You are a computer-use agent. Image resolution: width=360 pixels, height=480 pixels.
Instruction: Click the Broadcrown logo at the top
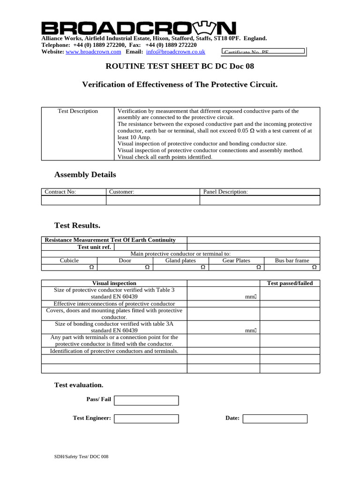pos(139,28)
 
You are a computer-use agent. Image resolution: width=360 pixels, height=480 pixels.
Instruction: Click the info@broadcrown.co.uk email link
pos(175,52)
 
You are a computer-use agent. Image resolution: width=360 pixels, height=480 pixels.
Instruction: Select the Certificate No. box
pos(263,52)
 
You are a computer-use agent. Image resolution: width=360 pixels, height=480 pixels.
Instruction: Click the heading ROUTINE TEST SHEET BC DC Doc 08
pos(180,66)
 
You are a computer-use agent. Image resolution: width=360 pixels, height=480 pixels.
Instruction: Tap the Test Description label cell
pos(78,111)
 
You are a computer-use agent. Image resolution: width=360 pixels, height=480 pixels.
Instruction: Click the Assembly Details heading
pos(85,175)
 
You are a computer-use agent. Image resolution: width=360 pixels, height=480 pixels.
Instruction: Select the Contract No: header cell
pos(74,192)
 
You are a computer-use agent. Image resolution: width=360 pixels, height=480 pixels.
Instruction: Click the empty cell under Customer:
pos(153,201)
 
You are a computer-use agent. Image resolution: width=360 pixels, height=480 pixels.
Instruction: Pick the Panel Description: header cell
pos(260,192)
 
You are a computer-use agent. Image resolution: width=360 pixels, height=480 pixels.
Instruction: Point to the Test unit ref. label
pos(94,247)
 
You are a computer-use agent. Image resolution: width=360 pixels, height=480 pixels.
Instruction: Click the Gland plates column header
pos(180,261)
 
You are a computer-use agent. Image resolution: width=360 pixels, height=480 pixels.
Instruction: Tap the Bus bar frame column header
pos(292,261)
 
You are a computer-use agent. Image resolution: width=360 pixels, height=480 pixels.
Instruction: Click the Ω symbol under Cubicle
pos(92,267)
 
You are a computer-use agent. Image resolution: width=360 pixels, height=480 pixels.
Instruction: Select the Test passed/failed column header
pos(290,283)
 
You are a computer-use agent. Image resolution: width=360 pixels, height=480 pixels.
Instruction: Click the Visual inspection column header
pos(114,283)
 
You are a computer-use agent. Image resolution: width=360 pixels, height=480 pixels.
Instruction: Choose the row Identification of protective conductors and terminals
pos(114,351)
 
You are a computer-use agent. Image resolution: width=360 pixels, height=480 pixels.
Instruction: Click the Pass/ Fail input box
pos(146,400)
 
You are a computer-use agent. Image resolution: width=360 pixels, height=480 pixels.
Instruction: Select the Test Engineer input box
pos(146,419)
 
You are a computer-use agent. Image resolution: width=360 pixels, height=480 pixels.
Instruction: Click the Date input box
pos(275,419)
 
